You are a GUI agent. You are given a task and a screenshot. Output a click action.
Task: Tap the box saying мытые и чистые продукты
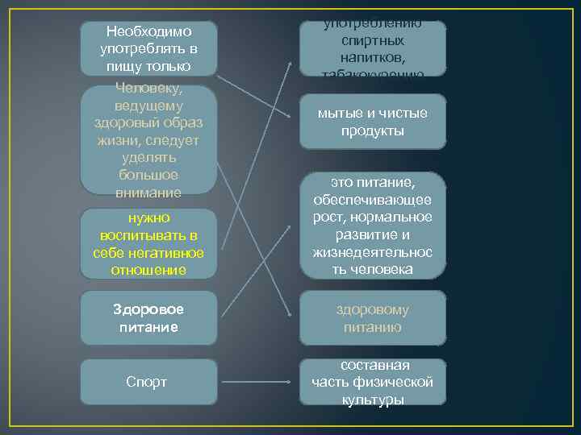372,122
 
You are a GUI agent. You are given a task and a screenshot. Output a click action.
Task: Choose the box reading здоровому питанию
372,318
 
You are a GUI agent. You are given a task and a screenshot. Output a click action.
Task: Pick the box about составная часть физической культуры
372,382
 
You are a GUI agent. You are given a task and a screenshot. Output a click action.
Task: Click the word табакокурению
372,75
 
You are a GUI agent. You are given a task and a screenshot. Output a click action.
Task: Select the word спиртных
372,40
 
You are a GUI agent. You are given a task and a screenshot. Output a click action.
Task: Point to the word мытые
337,114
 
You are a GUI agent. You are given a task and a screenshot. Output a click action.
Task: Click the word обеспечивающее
372,201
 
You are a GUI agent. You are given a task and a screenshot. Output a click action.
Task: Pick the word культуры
372,400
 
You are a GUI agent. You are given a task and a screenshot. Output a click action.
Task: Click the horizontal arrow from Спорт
255,383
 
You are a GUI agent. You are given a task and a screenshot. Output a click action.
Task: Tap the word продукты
372,130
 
